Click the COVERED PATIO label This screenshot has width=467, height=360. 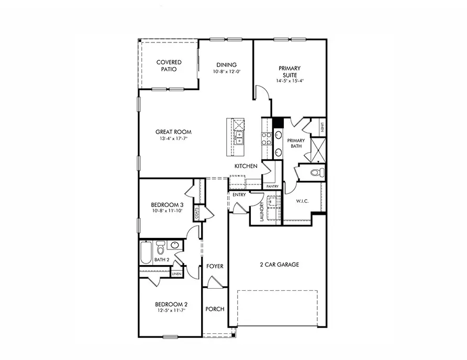tap(169, 66)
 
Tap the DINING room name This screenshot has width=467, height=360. tap(226, 65)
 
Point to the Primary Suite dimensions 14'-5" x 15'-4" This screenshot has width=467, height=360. tap(291, 81)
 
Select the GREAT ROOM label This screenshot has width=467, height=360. tap(173, 132)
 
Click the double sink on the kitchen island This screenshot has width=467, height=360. tap(239, 138)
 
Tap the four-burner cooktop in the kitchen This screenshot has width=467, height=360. tap(266, 138)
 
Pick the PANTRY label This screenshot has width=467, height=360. tap(272, 187)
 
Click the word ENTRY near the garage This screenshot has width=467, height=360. tap(239, 195)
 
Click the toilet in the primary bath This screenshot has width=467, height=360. tap(315, 172)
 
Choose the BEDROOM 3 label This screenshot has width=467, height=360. tap(166, 205)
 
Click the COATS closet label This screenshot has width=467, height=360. tap(197, 213)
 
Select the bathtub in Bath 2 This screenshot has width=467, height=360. tap(146, 252)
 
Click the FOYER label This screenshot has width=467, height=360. tap(215, 266)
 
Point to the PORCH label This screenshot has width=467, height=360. tap(215, 309)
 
